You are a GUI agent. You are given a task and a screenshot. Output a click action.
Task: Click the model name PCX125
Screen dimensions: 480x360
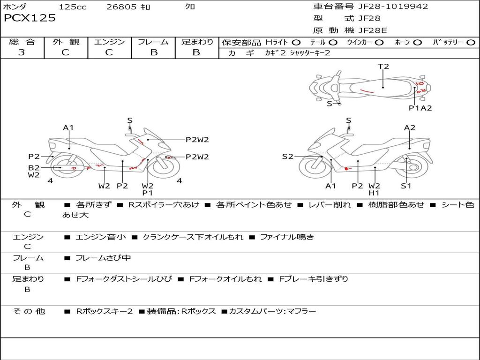[30, 18]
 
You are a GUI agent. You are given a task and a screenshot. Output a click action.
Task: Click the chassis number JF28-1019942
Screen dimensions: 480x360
[387, 7]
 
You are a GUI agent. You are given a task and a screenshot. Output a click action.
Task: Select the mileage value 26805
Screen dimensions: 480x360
[121, 7]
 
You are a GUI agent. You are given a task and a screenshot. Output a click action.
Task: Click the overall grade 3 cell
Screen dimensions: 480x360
[22, 52]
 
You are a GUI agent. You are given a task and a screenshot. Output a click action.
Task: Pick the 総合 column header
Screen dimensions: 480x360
[22, 42]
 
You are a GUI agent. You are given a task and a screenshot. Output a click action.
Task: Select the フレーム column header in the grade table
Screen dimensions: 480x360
[153, 42]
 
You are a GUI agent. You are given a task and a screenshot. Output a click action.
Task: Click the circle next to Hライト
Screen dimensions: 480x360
[297, 42]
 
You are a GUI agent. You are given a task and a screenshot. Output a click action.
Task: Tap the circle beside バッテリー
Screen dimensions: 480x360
[471, 42]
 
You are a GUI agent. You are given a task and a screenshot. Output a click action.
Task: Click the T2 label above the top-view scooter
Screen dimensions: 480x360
[383, 67]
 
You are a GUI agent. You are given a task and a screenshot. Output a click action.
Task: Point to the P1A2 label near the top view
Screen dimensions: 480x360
[420, 108]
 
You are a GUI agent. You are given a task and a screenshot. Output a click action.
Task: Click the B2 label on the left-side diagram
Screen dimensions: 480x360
[34, 167]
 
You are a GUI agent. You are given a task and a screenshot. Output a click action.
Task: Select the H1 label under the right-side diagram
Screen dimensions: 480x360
[374, 193]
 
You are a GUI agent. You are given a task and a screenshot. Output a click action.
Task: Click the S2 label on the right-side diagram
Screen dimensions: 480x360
[287, 157]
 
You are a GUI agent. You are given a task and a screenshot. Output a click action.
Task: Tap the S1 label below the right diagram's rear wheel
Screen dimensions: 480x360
[406, 186]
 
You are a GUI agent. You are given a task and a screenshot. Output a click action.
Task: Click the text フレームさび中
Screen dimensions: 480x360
[103, 258]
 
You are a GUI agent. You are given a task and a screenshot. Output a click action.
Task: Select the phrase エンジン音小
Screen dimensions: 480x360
[100, 237]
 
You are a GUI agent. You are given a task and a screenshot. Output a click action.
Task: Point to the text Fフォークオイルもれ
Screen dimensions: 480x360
[225, 279]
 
